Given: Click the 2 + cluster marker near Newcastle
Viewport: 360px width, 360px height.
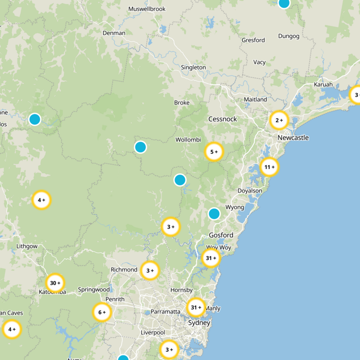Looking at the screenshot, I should tap(279, 120).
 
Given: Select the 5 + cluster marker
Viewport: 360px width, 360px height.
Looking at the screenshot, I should tap(214, 152).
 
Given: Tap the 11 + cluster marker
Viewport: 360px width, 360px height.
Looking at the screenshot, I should tap(269, 167).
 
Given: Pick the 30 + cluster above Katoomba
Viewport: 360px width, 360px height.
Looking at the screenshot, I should tap(55, 283).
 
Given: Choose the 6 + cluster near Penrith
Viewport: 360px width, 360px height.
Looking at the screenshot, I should tap(102, 312).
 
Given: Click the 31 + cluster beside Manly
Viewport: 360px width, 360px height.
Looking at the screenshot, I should tap(196, 308).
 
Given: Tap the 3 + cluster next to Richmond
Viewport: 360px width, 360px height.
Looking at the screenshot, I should tap(150, 270).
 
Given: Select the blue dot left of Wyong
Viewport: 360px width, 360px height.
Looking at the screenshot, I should tap(214, 213).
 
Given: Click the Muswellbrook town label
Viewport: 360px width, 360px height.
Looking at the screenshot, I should tap(147, 9).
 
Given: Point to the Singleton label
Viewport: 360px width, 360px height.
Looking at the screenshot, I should tap(193, 67).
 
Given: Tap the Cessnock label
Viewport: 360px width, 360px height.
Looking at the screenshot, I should tap(222, 119).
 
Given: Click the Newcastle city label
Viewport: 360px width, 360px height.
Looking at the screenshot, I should tap(293, 138).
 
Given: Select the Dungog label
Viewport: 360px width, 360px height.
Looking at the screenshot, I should tap(288, 36).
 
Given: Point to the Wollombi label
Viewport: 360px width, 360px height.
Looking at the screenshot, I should tap(188, 140).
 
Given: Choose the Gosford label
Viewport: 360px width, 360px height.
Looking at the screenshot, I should tap(221, 235).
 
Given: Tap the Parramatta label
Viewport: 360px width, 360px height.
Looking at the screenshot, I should tap(165, 311).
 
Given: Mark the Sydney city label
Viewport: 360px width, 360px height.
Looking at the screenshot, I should tap(199, 323).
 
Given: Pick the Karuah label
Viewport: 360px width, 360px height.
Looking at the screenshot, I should tap(324, 85).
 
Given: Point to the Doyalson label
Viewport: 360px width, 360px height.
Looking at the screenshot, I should tap(249, 191).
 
